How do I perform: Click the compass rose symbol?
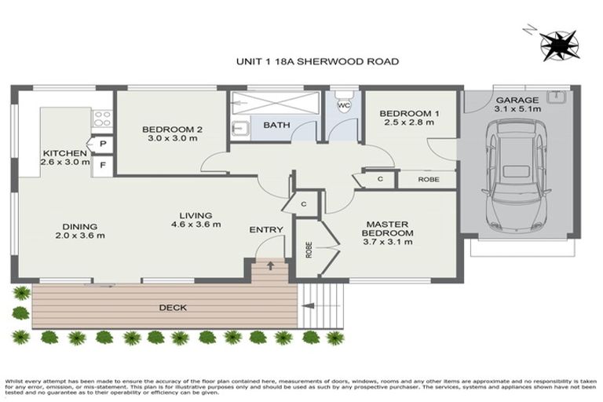point(561,44)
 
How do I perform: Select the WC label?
point(343,105)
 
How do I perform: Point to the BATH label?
point(276,125)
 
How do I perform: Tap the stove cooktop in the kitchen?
point(102,119)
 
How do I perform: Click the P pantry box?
point(103,144)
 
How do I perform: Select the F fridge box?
point(103,166)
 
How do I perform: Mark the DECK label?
point(173,308)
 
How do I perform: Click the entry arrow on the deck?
point(270,265)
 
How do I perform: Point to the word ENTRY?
point(265,229)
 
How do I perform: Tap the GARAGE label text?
point(516,100)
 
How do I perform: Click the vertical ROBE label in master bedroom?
point(309,249)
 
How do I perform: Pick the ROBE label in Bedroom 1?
point(429,179)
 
